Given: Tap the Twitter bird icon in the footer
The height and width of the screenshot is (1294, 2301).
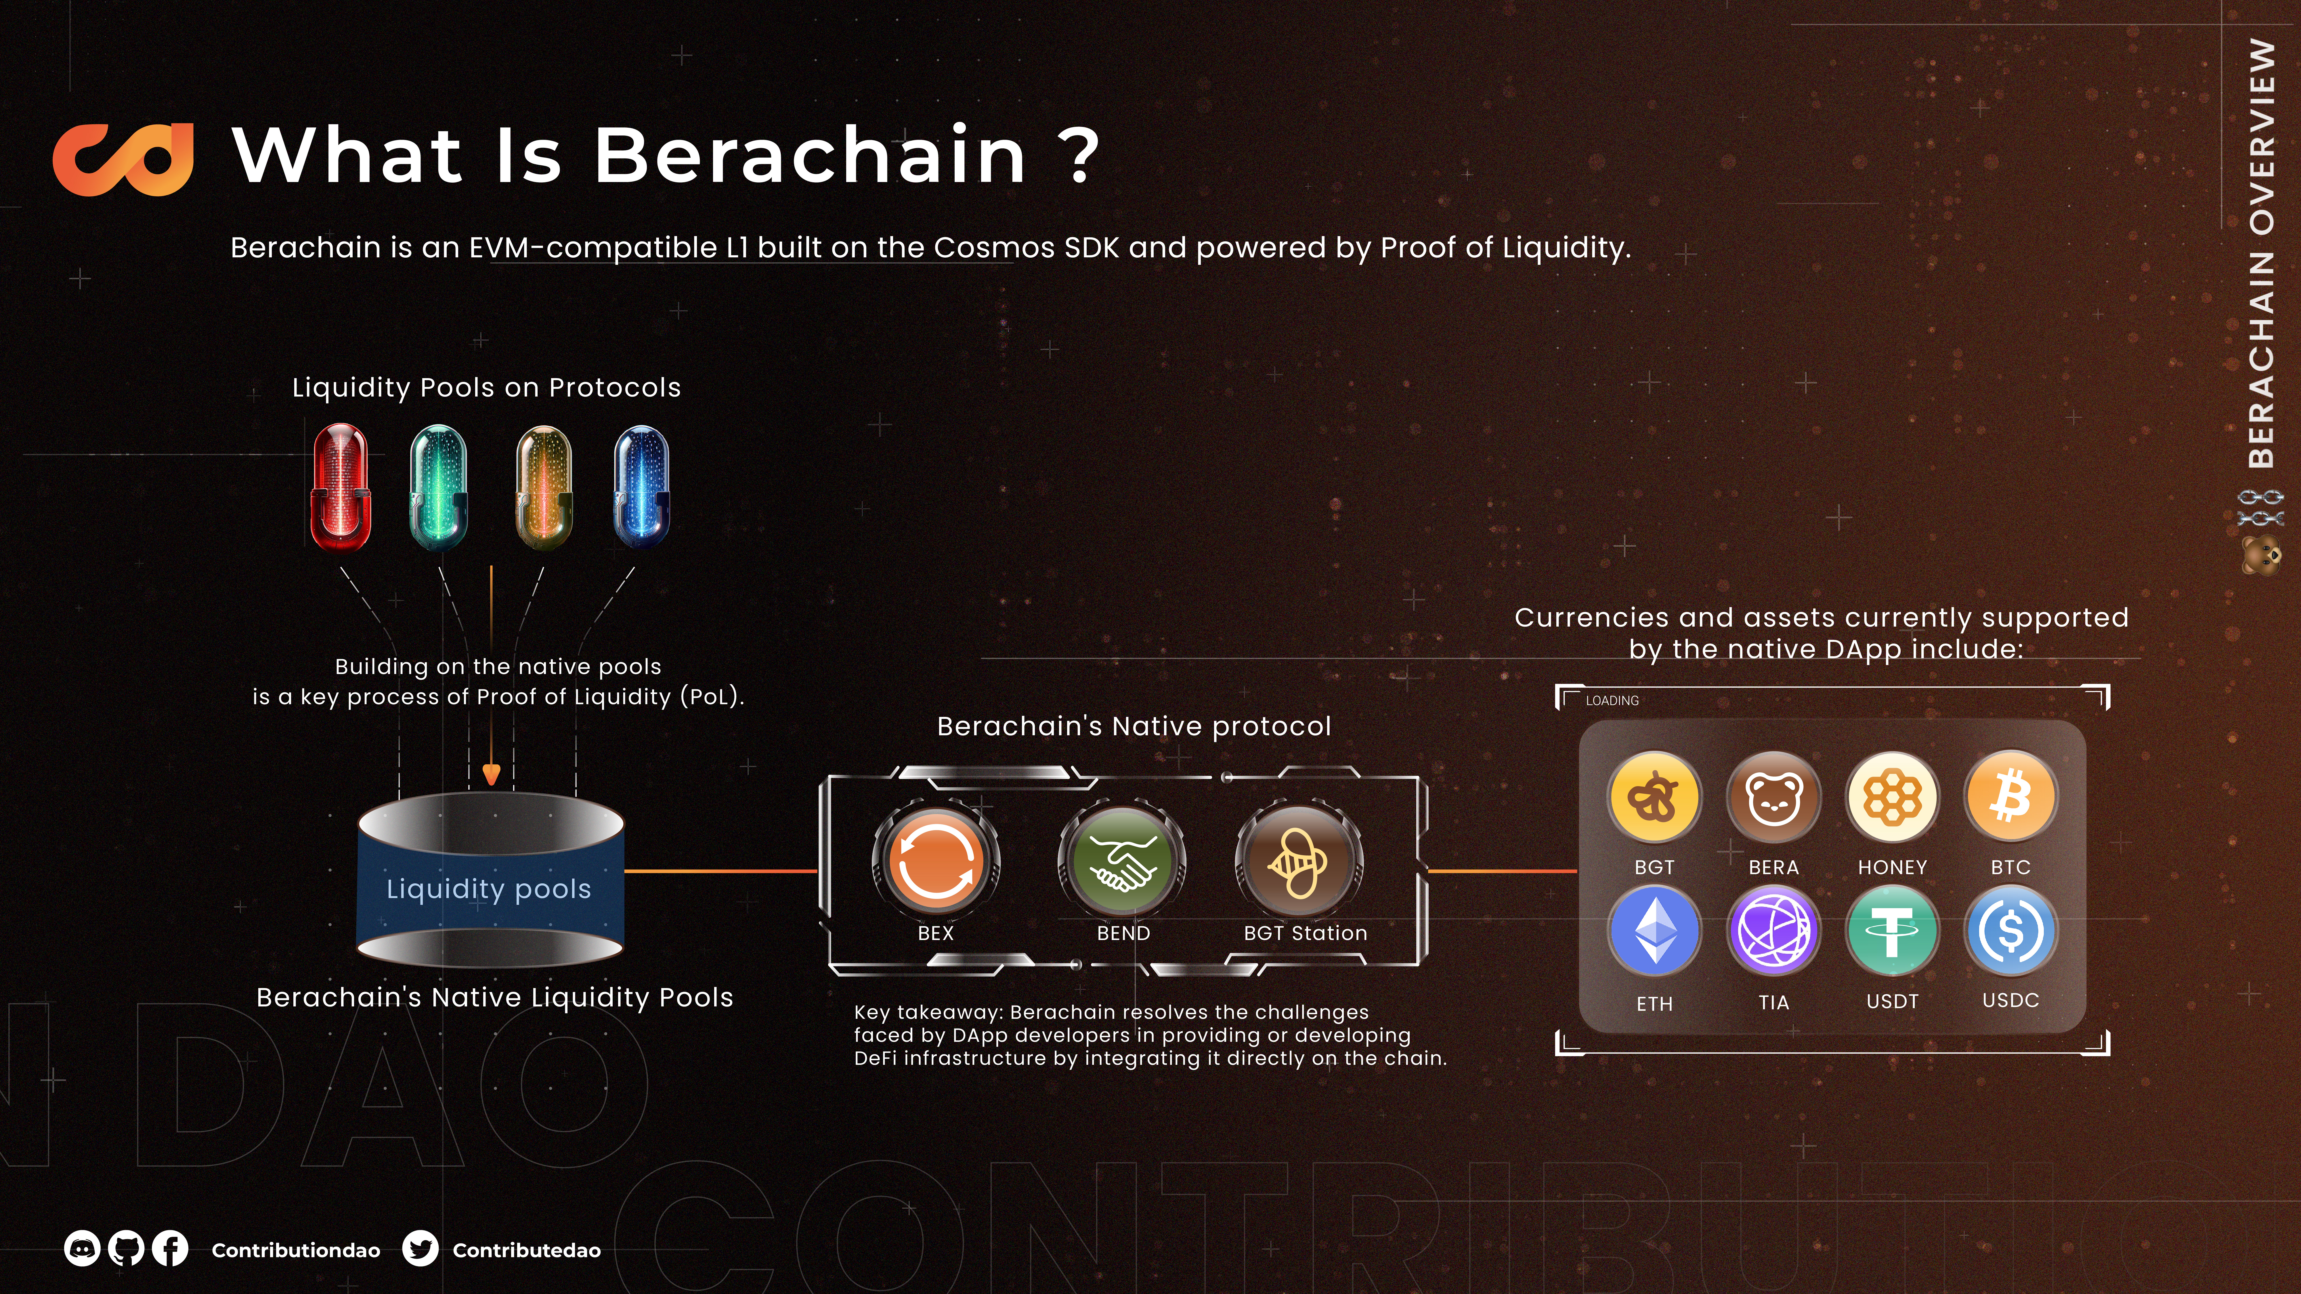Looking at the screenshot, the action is pos(420,1249).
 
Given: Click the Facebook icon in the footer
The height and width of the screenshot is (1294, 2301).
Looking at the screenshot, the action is pos(170,1249).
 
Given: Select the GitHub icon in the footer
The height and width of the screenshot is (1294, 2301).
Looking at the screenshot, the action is pos(126,1249).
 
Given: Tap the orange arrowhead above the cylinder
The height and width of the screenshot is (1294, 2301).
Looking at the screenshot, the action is pos(491,774).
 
